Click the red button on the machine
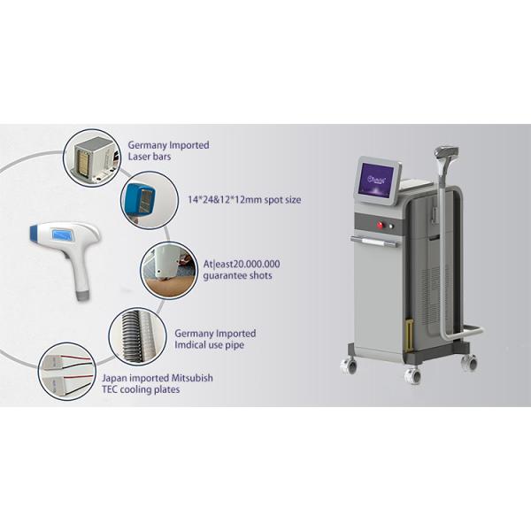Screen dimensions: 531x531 click(x=380, y=224)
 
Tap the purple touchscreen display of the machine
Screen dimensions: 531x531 click(x=377, y=179)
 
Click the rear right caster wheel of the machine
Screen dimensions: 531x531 click(x=469, y=362)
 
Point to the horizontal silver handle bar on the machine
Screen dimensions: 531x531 click(x=373, y=242)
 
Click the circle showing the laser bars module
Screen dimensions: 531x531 click(x=92, y=158)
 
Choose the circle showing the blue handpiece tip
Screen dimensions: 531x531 click(x=150, y=200)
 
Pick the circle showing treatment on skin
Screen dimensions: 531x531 click(x=169, y=270)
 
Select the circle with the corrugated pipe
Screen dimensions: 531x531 click(x=137, y=336)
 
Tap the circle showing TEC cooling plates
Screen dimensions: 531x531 click(x=67, y=372)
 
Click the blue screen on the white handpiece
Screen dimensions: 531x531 click(x=62, y=235)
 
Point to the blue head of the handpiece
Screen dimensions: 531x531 click(x=34, y=234)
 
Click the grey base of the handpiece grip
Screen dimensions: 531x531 click(x=83, y=295)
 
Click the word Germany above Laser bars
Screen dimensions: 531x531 click(x=147, y=145)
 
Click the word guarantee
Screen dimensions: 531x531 click(x=225, y=275)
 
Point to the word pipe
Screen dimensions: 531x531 click(x=234, y=345)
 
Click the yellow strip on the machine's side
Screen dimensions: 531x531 click(x=409, y=336)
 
